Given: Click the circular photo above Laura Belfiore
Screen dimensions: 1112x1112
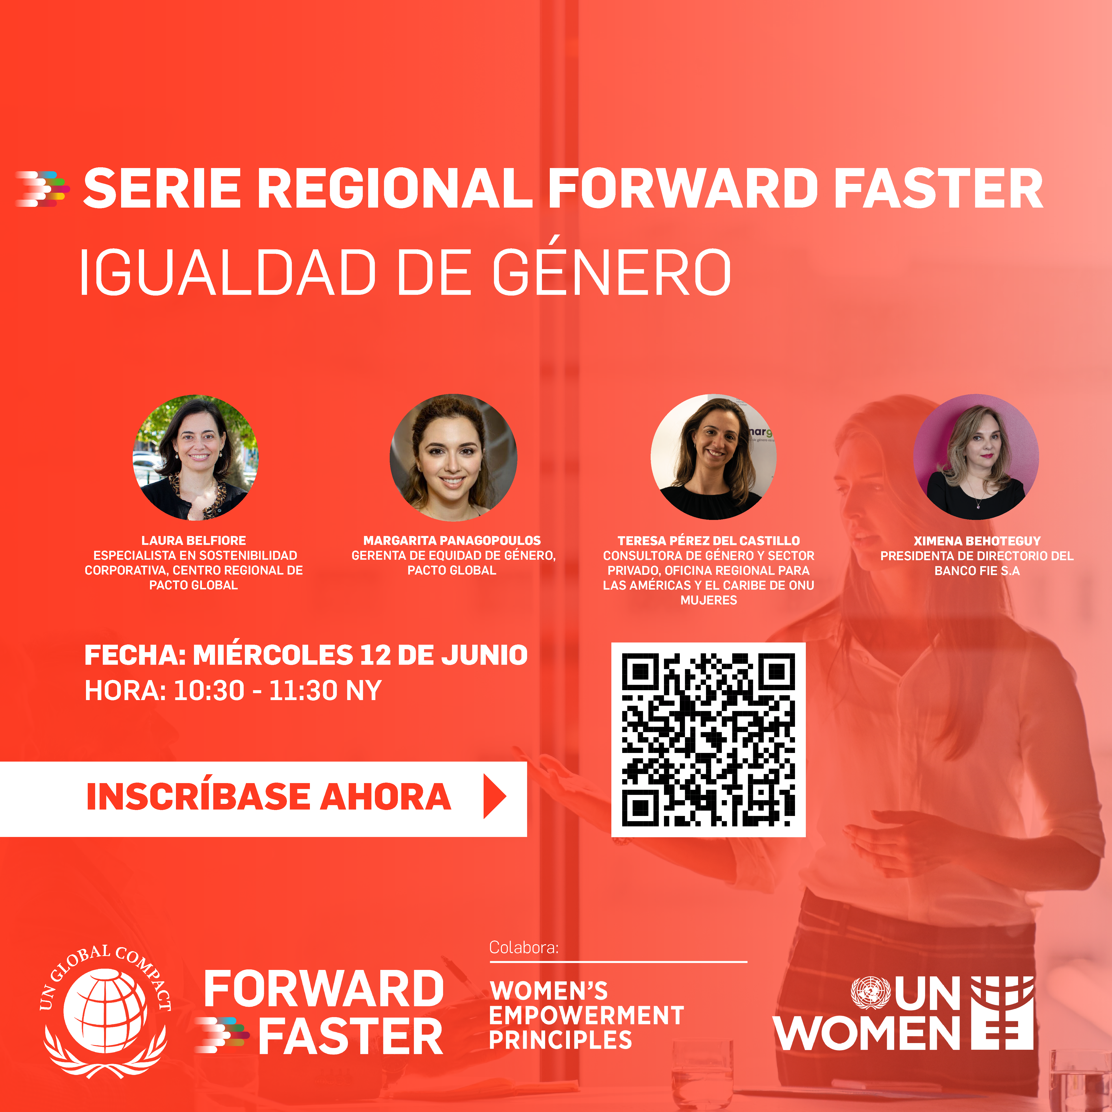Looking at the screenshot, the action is click(x=196, y=458).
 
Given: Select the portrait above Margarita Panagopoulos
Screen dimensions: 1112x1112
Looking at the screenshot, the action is click(x=453, y=458).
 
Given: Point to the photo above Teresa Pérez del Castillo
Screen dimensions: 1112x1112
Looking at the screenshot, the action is click(x=714, y=458).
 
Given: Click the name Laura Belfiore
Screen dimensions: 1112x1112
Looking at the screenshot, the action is click(x=194, y=540).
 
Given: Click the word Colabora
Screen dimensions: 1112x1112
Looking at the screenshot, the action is click(x=524, y=947).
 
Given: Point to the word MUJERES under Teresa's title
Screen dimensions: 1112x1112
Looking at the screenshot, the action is click(x=708, y=600).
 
